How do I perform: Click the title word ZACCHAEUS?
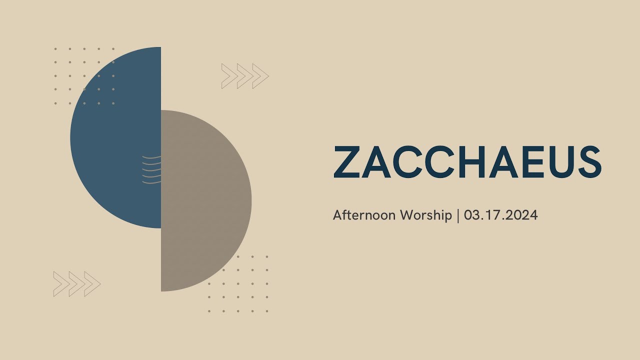467,161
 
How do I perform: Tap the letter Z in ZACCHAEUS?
346,161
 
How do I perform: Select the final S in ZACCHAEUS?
589,161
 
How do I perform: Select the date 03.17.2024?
500,215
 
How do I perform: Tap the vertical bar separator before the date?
458,215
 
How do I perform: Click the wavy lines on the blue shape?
151,169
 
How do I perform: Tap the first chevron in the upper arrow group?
229,76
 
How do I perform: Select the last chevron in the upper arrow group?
260,76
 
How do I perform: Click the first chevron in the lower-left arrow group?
61,284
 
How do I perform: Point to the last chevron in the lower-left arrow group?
92,284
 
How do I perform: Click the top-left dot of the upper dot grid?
55,49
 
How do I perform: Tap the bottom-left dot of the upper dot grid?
55,103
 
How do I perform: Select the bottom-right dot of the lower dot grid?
267,311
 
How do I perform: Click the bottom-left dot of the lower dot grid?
209,311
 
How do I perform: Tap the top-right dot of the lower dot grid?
267,256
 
